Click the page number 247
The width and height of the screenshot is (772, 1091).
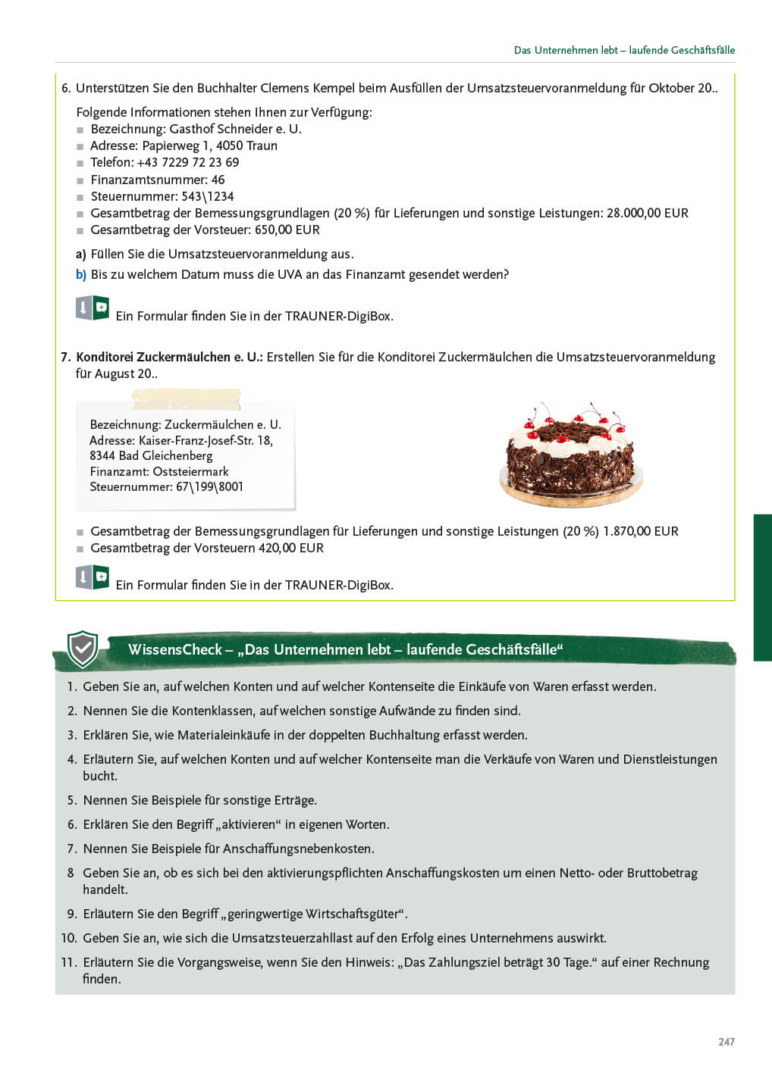[726, 1042]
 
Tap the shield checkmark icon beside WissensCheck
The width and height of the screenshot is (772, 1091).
[82, 649]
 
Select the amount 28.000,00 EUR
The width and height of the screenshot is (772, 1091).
[647, 213]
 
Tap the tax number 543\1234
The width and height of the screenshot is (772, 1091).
[207, 196]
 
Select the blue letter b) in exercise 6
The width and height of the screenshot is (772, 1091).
[81, 274]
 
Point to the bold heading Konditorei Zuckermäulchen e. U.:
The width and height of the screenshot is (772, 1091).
[169, 357]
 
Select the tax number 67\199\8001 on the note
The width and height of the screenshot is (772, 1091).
[209, 486]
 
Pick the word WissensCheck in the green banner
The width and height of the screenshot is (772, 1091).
[174, 649]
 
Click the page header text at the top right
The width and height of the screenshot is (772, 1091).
[623, 50]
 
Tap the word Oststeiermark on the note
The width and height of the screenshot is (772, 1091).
[190, 471]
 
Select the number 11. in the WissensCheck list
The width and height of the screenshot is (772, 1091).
[69, 962]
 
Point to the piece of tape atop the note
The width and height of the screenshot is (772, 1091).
[186, 398]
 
